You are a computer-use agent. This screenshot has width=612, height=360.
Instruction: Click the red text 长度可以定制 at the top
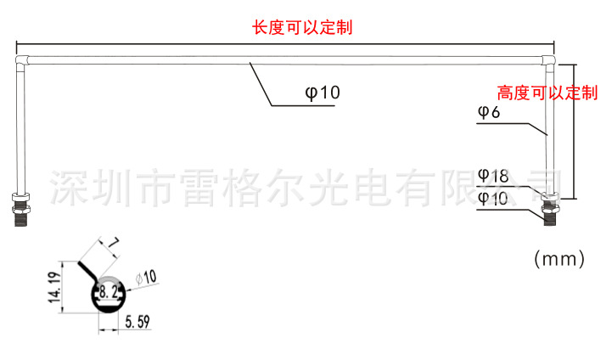(302, 27)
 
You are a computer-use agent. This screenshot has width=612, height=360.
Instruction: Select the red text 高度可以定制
(547, 93)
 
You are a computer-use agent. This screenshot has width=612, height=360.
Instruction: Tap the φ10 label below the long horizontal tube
(323, 93)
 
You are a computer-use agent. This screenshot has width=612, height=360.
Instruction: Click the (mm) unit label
(559, 258)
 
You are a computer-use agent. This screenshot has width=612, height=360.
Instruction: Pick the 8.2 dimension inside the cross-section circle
(109, 292)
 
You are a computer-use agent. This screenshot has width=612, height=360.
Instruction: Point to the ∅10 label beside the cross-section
(146, 277)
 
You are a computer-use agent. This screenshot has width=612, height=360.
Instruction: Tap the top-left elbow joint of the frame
(21, 60)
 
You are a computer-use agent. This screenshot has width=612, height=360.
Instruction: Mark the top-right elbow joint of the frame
(547, 60)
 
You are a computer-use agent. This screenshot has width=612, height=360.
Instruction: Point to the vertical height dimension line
(576, 127)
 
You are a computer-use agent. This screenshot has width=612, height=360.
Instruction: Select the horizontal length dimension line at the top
(284, 44)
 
